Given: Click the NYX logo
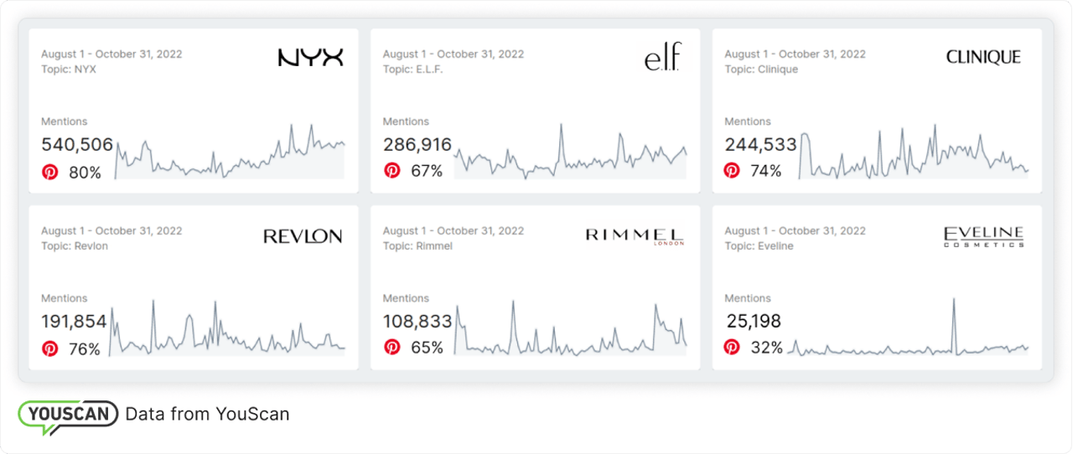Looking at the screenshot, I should pos(310,57).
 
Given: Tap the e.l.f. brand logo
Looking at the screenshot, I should pos(663,59).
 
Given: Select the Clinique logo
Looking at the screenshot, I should pos(983,57).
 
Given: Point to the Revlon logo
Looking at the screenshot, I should pos(303,236).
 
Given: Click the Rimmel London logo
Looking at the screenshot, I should pos(635,236).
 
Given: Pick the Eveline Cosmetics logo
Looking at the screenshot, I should pos(983,236).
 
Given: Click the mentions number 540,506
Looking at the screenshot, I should pos(77,145).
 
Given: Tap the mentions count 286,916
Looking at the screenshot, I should pos(417,145).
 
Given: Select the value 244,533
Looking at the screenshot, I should pos(760,145).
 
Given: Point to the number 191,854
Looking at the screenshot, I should pos(74,322).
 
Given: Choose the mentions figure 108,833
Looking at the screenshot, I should pos(417,322).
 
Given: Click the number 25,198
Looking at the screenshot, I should pos(753,322).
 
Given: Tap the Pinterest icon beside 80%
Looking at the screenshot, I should pos(50,173).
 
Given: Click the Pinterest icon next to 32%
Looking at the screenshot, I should pos(732,347).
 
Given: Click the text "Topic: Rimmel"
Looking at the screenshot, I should pos(417,246).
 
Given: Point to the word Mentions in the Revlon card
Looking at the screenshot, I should pos(65,298).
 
